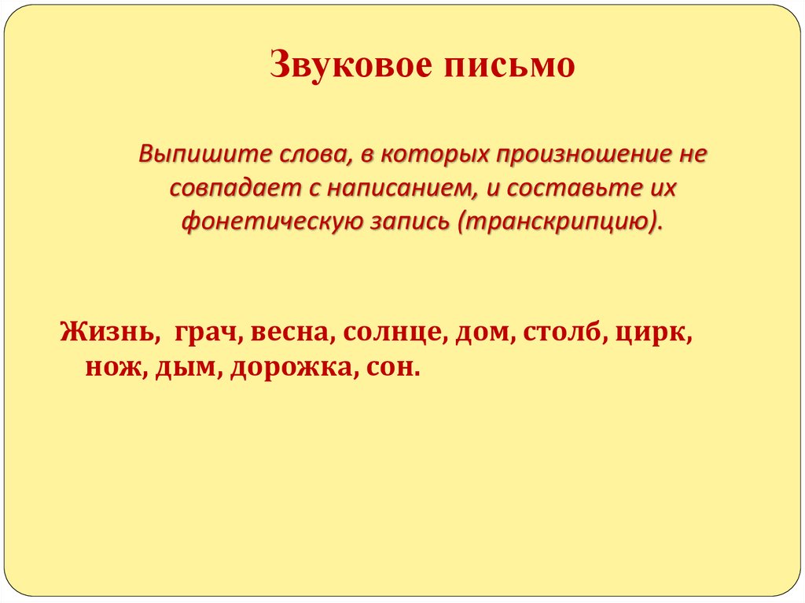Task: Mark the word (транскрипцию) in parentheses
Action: point(559,221)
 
